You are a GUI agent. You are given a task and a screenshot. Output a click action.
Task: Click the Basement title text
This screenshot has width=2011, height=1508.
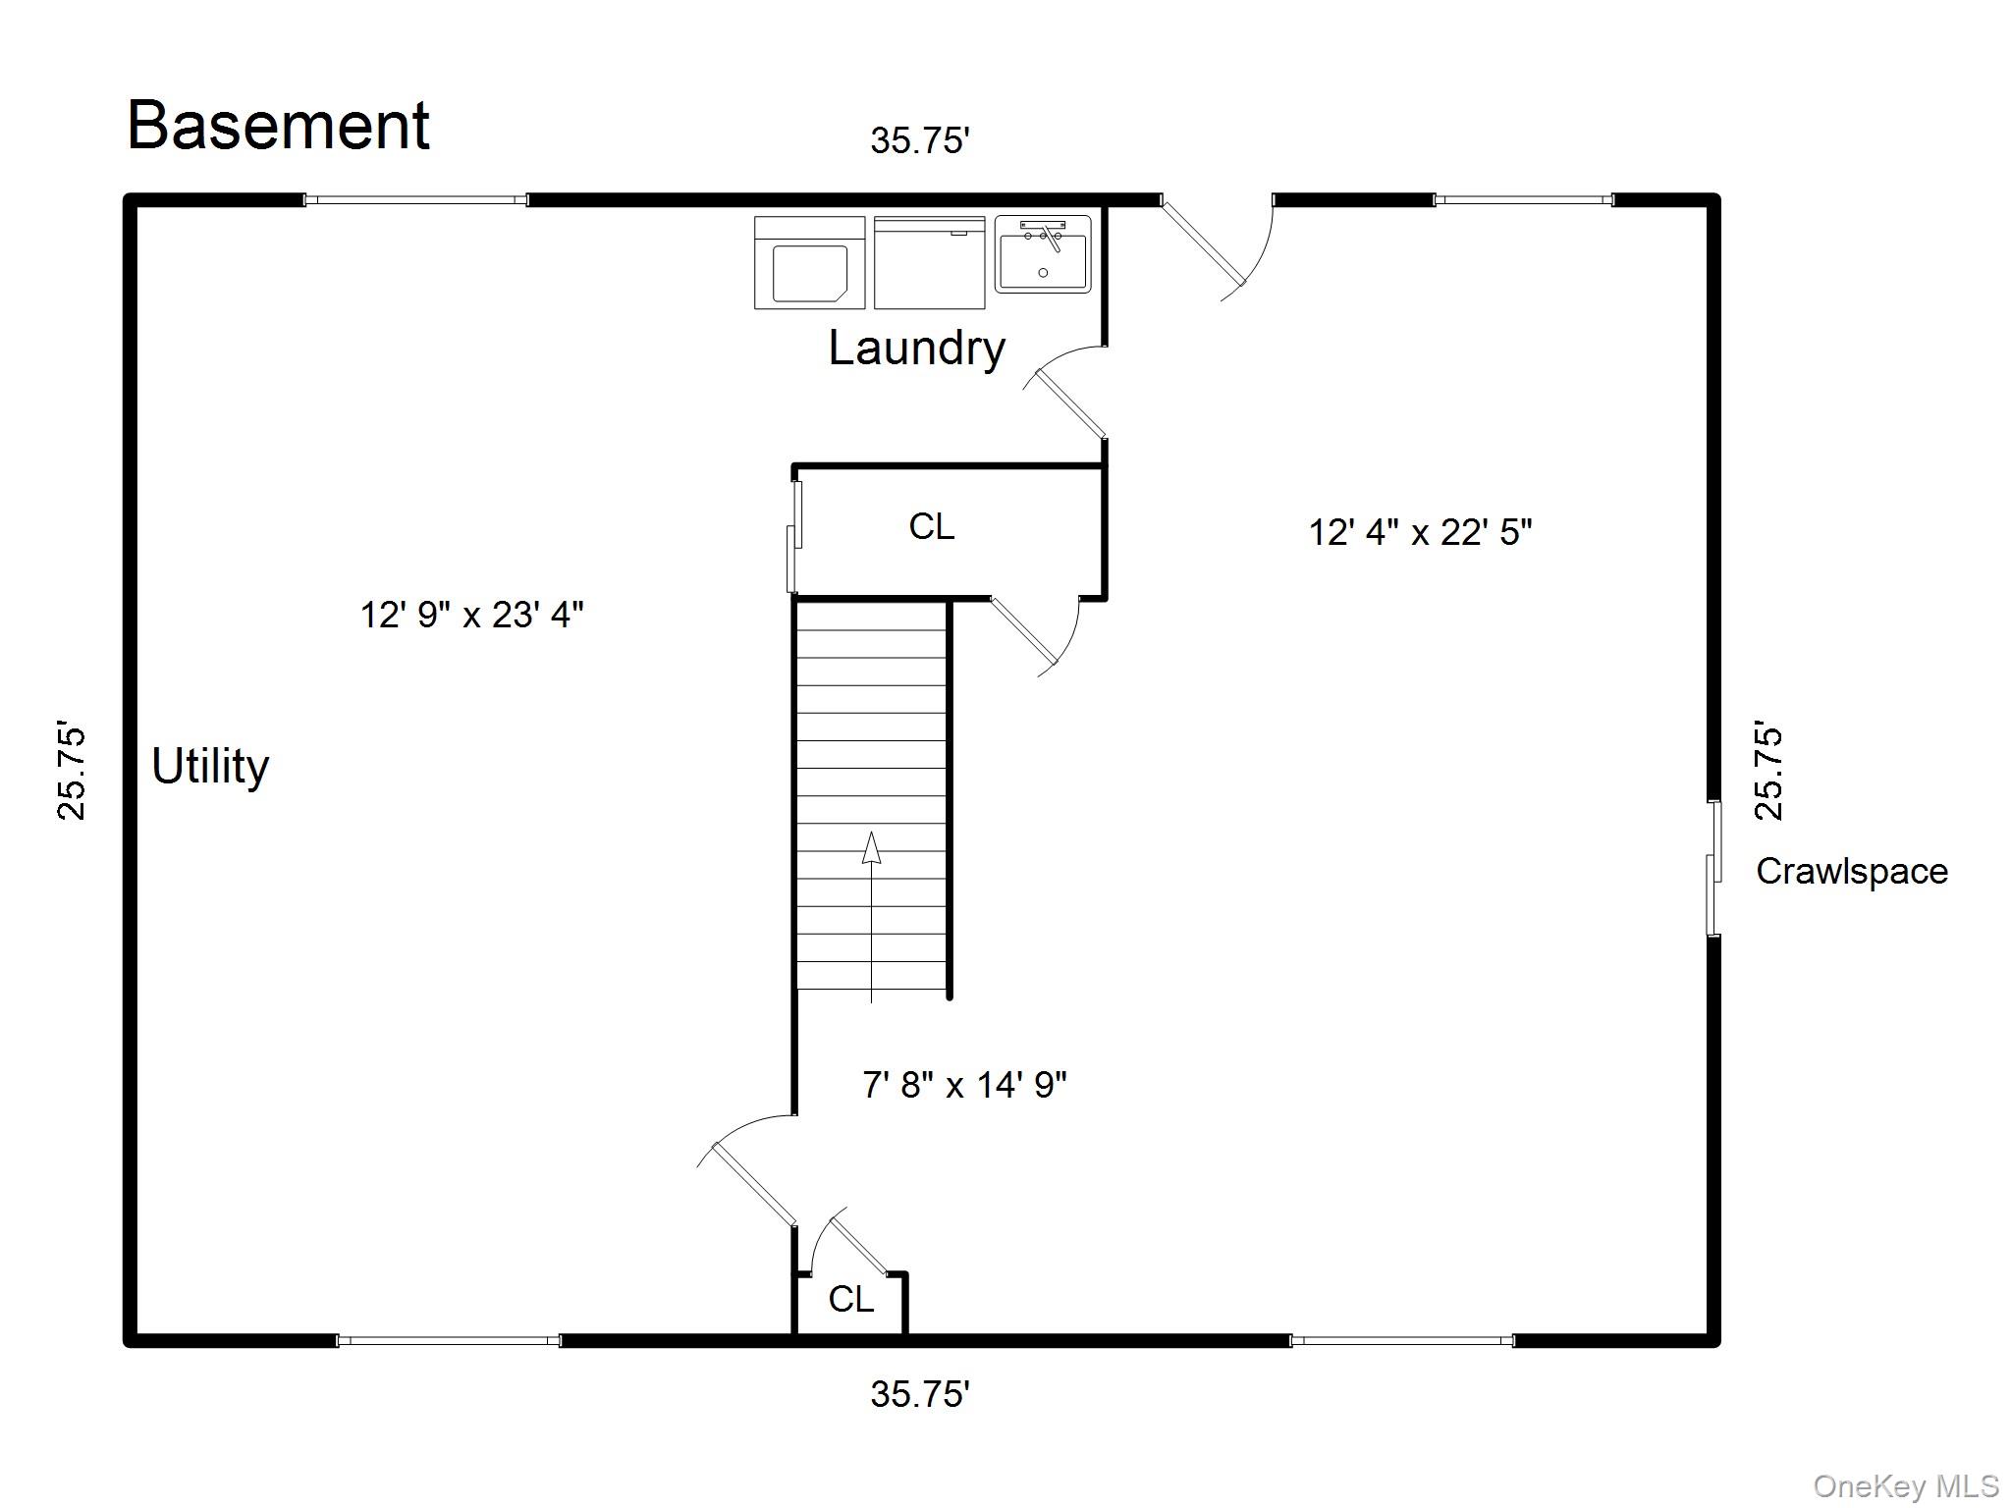coord(278,126)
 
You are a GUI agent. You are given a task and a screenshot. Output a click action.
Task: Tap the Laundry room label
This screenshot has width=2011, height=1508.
coord(917,350)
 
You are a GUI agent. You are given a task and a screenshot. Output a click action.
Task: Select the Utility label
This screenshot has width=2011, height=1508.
coord(210,768)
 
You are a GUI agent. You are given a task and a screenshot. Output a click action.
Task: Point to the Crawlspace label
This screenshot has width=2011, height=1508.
coord(1851,872)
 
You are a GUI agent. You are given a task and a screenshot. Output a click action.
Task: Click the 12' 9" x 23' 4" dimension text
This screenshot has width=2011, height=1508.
coord(471,616)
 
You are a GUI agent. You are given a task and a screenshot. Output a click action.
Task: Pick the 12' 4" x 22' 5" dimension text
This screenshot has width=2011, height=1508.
coord(1420,533)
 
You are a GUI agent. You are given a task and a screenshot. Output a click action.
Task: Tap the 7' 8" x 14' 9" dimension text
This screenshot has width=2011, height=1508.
coord(964,1085)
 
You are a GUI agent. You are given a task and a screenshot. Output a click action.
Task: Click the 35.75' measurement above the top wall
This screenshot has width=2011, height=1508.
coord(920,141)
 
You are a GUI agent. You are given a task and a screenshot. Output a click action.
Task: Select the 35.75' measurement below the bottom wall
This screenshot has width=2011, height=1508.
coord(920,1394)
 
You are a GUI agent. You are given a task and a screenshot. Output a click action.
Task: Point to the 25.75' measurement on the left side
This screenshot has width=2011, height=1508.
coord(71,773)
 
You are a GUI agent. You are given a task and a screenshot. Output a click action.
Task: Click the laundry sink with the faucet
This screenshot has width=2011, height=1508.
coord(1043,254)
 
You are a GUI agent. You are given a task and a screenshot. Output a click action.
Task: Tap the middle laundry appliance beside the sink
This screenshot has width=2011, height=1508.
coord(929,263)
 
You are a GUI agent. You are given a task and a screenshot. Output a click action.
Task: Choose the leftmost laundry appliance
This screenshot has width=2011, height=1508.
coord(809,263)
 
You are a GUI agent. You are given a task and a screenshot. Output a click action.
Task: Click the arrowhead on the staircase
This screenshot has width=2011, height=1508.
coord(871,847)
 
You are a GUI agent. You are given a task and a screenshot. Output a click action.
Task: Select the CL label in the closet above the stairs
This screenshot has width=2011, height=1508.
coord(931,527)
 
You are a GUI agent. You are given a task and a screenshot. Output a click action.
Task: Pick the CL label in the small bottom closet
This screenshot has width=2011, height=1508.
coord(850,1300)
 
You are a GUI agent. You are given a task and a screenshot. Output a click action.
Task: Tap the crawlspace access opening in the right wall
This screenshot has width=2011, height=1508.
coord(1713,868)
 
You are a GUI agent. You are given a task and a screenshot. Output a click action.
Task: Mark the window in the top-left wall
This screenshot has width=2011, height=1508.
coord(415,200)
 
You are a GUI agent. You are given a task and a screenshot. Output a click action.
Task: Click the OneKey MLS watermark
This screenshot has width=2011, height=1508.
coord(1906,1486)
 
